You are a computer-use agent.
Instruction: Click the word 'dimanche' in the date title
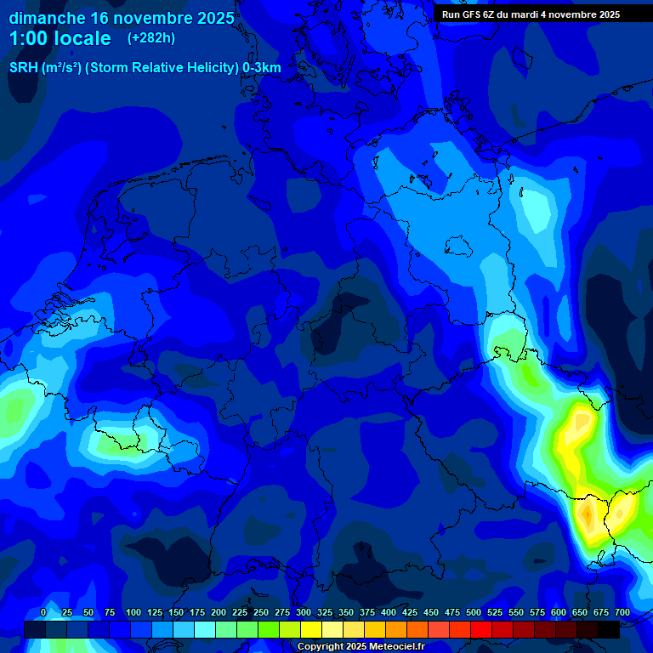click(x=46, y=18)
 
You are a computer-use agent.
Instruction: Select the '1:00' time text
click(x=29, y=38)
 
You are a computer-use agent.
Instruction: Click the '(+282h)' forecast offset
click(x=151, y=38)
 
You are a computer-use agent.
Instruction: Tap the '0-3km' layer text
click(x=262, y=68)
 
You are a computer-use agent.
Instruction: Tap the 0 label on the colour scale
click(x=43, y=612)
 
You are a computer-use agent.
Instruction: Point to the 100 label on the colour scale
click(x=133, y=612)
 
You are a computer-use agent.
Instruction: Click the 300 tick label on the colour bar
click(x=304, y=612)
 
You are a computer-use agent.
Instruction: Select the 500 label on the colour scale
click(x=474, y=612)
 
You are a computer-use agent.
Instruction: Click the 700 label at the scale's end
click(x=622, y=612)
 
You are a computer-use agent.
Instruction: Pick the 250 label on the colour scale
click(x=261, y=612)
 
